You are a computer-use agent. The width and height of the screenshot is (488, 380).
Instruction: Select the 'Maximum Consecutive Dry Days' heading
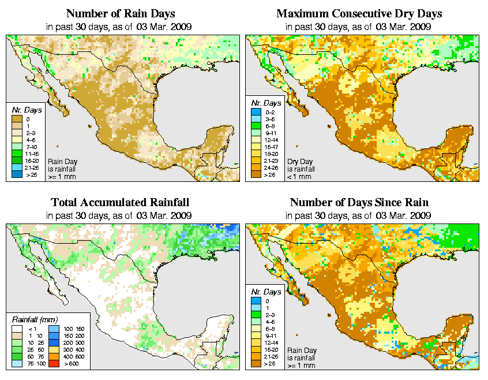[x=359, y=13]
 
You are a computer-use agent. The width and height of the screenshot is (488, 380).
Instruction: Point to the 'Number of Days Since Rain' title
[x=359, y=203]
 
